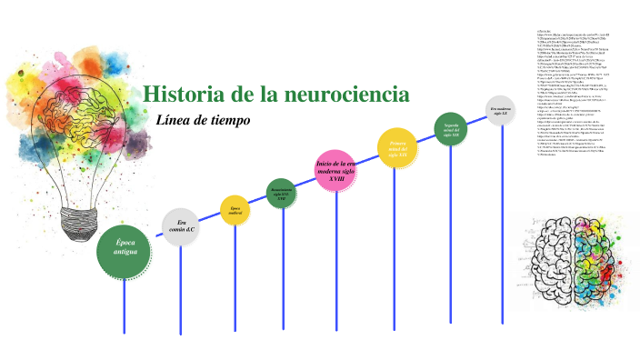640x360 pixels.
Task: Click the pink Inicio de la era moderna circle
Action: (x=337, y=170)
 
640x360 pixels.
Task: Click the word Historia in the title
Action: (x=182, y=94)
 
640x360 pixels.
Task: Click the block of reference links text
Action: (x=582, y=91)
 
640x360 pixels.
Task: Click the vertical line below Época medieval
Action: (x=235, y=282)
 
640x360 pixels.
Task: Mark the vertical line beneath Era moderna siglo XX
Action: (x=502, y=227)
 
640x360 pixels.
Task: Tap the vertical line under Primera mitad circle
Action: (x=395, y=255)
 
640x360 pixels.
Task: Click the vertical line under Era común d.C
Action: (x=180, y=291)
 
